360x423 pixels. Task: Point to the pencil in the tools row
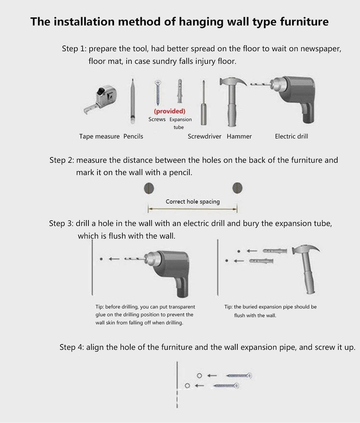(x=132, y=101)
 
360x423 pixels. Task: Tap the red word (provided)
(x=169, y=111)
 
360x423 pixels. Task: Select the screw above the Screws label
(x=157, y=92)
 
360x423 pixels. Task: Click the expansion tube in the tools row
(x=180, y=91)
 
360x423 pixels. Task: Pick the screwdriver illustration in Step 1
(x=204, y=102)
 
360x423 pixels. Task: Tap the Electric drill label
(x=291, y=136)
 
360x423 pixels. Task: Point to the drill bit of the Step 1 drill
(x=260, y=84)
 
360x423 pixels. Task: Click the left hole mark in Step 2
(x=149, y=188)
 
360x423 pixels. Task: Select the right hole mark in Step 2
(x=237, y=188)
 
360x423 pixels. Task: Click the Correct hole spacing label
(x=193, y=202)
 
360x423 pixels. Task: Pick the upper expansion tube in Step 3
(x=275, y=251)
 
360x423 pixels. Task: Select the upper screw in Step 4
(x=239, y=375)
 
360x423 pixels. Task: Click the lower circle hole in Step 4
(x=187, y=386)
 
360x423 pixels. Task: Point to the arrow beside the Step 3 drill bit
(x=114, y=259)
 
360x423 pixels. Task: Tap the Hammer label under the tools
(x=239, y=136)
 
